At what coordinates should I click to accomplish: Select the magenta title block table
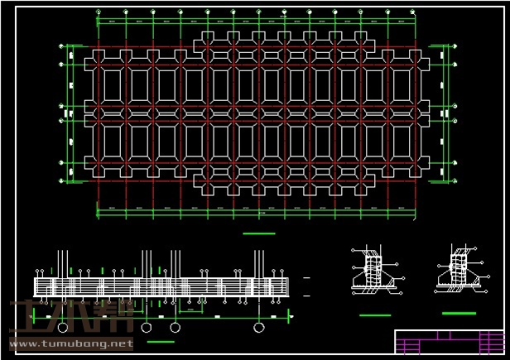pos(450,341)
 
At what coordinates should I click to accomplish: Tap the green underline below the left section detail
pos(374,315)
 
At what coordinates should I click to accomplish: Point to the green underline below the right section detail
pos(459,313)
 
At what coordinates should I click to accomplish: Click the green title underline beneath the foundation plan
pos(259,234)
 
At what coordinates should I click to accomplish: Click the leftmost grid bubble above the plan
pos(99,12)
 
